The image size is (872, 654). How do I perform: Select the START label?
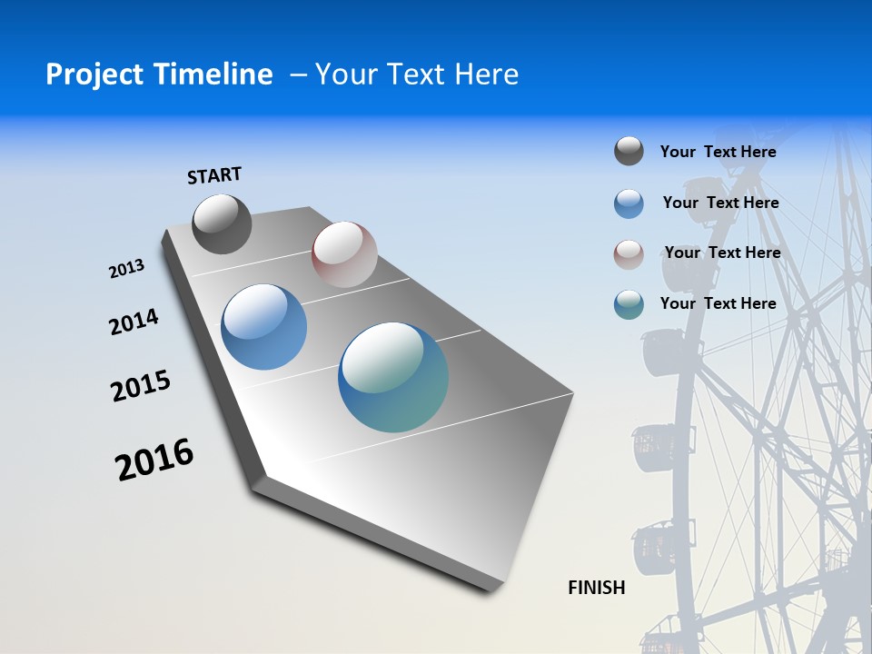pos(214,175)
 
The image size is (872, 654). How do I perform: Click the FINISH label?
pos(597,588)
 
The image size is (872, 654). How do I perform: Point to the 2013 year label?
pos(126,269)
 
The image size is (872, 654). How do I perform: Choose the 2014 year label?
pos(134,322)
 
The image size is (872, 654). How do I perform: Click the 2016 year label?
pos(154,460)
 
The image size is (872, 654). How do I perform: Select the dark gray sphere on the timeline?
pos(222,223)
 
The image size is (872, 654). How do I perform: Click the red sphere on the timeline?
pos(344,254)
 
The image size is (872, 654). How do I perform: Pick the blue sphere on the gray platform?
pos(264,327)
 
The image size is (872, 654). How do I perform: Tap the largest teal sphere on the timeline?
pos(393,377)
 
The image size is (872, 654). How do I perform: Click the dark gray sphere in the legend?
pos(629,152)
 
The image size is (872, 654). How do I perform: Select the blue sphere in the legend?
pos(629,203)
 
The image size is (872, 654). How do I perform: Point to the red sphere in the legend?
pos(629,254)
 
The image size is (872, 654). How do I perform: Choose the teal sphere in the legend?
pos(629,304)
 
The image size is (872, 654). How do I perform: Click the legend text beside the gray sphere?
pos(718,152)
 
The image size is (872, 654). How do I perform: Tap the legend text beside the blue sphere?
pos(720,203)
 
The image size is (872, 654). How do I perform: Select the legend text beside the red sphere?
pos(722,253)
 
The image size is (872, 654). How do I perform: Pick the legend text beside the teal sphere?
pos(718,303)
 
